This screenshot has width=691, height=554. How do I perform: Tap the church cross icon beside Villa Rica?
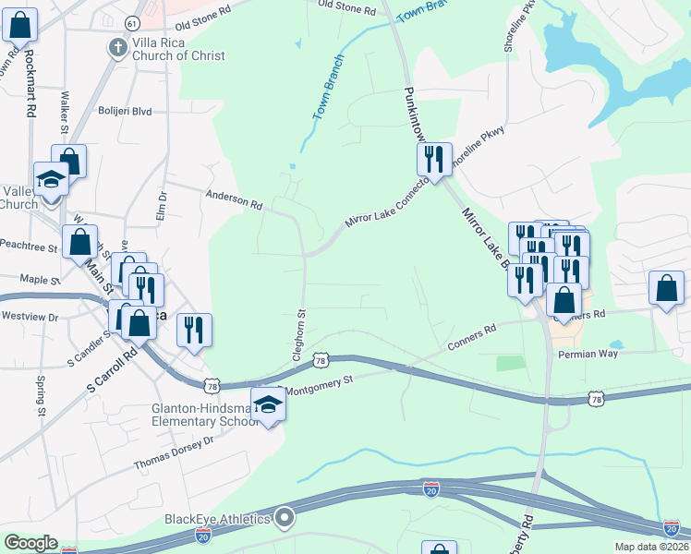[117, 48]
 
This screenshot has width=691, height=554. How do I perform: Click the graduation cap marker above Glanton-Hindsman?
[268, 405]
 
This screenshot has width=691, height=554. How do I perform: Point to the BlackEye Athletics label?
[217, 518]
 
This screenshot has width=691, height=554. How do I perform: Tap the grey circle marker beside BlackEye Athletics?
[285, 518]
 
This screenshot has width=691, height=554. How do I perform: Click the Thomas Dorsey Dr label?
[174, 452]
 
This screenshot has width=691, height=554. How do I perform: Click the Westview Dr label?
[30, 316]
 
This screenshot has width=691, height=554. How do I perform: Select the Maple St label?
[39, 279]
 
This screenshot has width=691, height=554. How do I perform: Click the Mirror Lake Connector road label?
[386, 204]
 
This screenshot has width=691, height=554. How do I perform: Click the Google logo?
[30, 543]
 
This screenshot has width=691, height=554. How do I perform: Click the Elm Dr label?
[163, 207]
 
